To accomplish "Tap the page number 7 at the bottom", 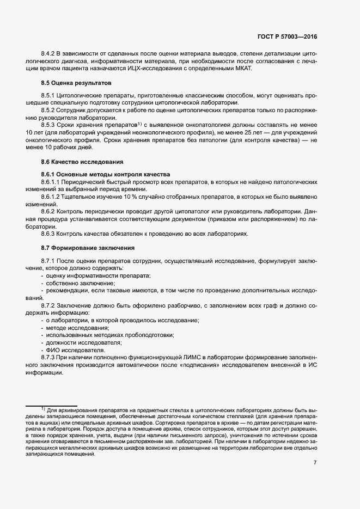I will click(x=315, y=463).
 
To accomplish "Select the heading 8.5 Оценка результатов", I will click(x=76, y=83).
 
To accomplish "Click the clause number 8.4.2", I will click(x=50, y=54).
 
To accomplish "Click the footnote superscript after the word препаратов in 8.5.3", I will click(x=138, y=124).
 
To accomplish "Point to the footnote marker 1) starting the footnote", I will click(x=43, y=408).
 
